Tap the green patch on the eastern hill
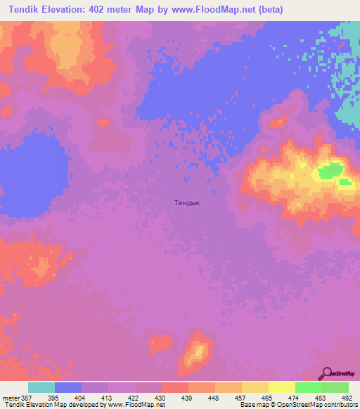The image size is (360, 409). [x=330, y=170]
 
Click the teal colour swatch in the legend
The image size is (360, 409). [x=41, y=387]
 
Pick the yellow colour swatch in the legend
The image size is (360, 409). [x=282, y=387]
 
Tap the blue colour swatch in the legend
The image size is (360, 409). [x=68, y=387]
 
